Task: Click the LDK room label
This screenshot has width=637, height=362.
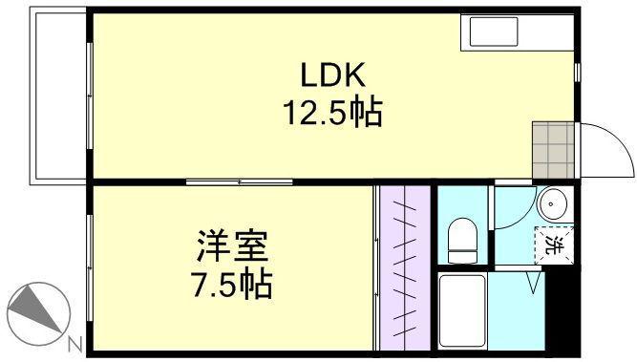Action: (x=330, y=75)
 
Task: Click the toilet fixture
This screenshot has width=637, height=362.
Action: (x=463, y=239)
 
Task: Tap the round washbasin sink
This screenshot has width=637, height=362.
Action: (x=553, y=203)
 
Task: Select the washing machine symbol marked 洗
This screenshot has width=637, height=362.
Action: (x=554, y=243)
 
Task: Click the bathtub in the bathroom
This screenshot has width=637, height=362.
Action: (x=463, y=310)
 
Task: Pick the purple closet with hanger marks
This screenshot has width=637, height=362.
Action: (x=405, y=267)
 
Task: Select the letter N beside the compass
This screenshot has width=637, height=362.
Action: (x=74, y=345)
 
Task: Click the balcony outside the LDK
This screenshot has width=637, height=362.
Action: (x=58, y=96)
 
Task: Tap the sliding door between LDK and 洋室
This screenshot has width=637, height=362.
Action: (x=238, y=181)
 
